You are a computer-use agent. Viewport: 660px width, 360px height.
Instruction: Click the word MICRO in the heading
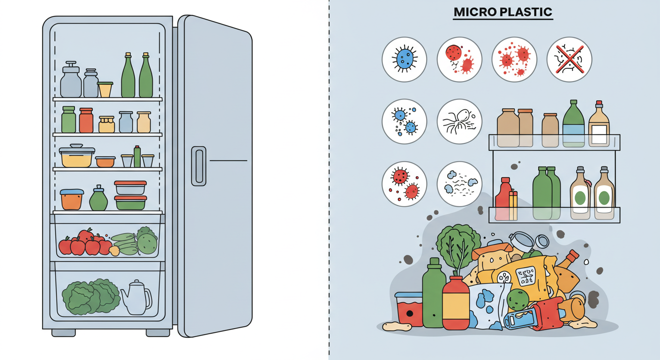tap(474, 13)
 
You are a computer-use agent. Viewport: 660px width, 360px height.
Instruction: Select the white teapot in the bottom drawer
tap(135, 298)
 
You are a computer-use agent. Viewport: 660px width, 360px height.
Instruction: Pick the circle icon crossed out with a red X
tap(569, 60)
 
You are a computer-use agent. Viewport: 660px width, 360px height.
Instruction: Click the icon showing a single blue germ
tap(404, 60)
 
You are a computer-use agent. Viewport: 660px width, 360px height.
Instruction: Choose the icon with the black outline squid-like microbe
tap(459, 121)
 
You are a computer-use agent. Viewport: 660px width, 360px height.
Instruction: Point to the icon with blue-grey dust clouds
tap(459, 184)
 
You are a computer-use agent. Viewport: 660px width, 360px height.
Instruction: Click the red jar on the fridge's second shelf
tap(86, 120)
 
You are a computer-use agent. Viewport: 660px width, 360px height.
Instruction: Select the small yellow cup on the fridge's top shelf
tap(105, 90)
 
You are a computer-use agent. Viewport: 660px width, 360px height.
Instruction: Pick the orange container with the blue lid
tap(72, 199)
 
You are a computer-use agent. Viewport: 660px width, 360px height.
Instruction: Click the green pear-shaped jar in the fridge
tap(98, 199)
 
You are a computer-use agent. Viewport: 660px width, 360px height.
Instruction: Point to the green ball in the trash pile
tap(517, 299)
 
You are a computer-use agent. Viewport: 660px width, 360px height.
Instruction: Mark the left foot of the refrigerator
tap(63, 332)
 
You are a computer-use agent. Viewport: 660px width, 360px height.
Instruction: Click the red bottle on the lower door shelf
tap(502, 199)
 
